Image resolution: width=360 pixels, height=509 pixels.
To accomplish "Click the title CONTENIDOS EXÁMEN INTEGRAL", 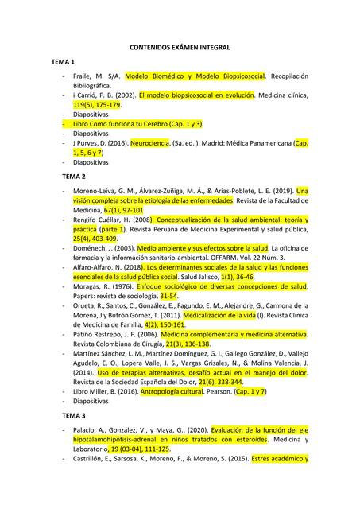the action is coord(180,48).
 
